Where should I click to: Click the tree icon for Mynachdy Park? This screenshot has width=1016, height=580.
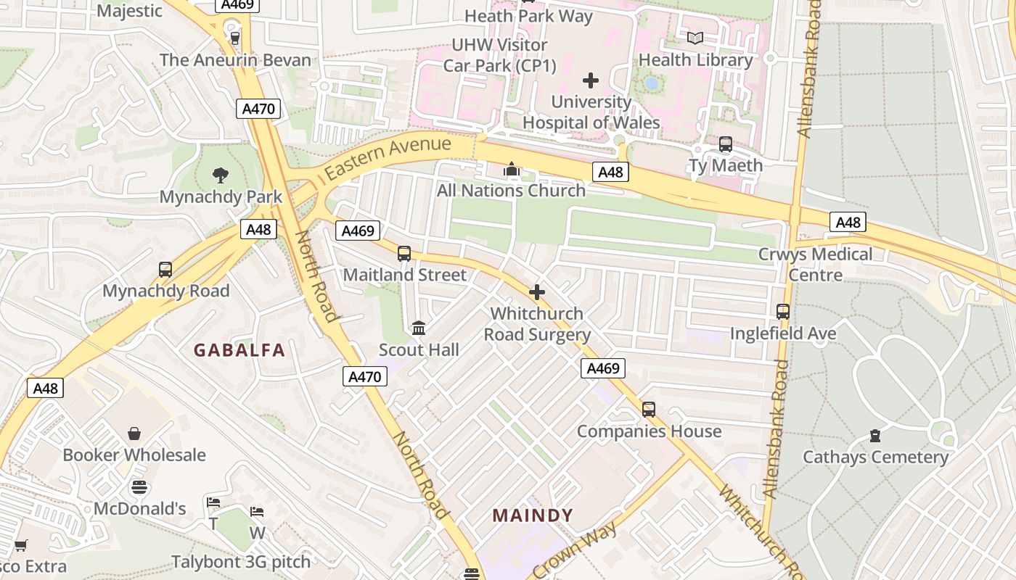pos(221,175)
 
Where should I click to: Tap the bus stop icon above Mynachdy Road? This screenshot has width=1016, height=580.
pos(165,270)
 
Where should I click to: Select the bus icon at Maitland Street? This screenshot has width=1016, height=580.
pos(404,254)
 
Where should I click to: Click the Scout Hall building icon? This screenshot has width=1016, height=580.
pos(419,328)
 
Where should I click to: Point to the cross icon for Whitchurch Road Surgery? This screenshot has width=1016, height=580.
pos(537,292)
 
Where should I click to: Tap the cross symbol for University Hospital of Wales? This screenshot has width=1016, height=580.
pos(591,80)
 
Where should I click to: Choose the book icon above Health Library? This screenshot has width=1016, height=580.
pos(695,38)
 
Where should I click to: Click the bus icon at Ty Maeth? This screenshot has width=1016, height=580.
pos(725,144)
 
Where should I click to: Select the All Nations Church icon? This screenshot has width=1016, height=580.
pos(512,170)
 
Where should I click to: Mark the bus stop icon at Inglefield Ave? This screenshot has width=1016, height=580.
pos(783,312)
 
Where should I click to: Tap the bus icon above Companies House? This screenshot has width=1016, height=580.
pos(649,410)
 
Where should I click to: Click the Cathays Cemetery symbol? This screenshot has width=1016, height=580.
pos(875,436)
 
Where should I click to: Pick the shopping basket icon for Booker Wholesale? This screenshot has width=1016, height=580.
pos(134,434)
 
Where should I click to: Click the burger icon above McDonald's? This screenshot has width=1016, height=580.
pos(139,487)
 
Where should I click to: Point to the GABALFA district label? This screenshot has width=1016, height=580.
pos(239,350)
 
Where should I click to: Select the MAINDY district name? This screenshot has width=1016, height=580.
pos(533,515)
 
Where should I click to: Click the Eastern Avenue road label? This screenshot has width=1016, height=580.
pos(388,159)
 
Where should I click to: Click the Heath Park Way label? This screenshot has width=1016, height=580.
pos(528,16)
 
